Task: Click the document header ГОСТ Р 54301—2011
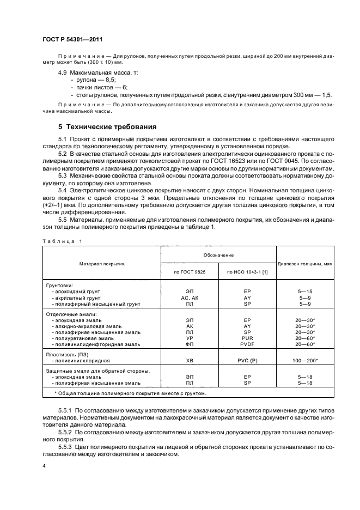(x=72, y=40)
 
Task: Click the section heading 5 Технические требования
(x=107, y=127)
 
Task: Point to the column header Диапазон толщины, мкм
(x=305, y=264)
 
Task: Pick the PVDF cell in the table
(x=247, y=344)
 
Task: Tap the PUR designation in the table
(x=247, y=338)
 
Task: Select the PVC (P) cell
(x=247, y=361)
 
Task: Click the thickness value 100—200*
(x=306, y=361)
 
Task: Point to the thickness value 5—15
(x=305, y=292)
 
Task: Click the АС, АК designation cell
(x=190, y=298)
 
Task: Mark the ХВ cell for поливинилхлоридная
(x=190, y=361)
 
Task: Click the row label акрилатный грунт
(x=76, y=298)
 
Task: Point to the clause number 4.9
(x=63, y=72)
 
